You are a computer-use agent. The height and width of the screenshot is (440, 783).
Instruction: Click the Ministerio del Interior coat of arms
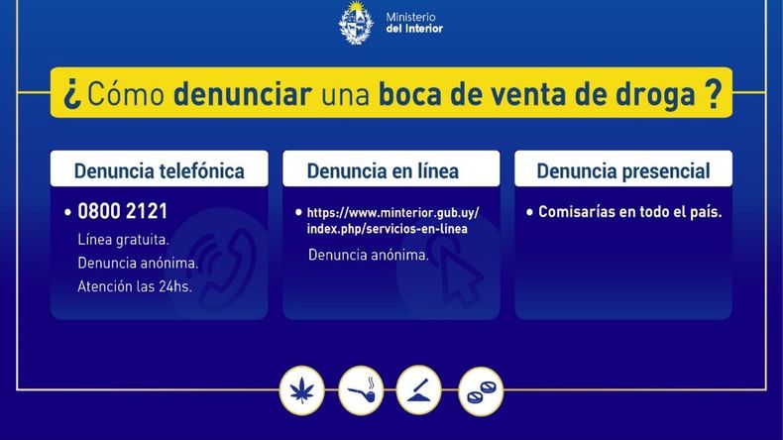point(356,24)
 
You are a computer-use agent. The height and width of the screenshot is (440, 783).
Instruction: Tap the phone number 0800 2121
point(122,211)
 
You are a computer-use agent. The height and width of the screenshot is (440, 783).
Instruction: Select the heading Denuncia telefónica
point(160,170)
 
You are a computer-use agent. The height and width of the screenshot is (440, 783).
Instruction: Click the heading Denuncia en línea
point(383,170)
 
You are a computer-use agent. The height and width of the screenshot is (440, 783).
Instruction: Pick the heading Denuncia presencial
point(623,170)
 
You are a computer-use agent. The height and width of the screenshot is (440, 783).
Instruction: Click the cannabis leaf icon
point(301,390)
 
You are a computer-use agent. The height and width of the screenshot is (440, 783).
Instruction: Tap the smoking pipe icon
point(361,390)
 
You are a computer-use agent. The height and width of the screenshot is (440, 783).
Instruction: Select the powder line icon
point(418,390)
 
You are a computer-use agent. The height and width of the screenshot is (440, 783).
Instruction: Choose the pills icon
point(481,391)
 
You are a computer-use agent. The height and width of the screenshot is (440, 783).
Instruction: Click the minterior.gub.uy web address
point(393,221)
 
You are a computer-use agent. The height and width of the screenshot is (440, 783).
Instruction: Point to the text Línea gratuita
point(123,240)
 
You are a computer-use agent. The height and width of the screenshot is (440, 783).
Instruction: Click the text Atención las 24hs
point(135,286)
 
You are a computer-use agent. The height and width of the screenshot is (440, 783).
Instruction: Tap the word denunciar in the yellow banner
point(243,93)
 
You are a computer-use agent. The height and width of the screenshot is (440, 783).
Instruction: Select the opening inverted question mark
point(72,93)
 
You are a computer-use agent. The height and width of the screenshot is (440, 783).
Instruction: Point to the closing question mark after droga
point(714,93)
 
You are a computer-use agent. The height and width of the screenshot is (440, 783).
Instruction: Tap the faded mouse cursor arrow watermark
point(460,274)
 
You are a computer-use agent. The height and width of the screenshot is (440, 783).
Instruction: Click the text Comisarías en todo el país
point(630,212)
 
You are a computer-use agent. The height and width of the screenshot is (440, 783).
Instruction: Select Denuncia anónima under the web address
point(369,255)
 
